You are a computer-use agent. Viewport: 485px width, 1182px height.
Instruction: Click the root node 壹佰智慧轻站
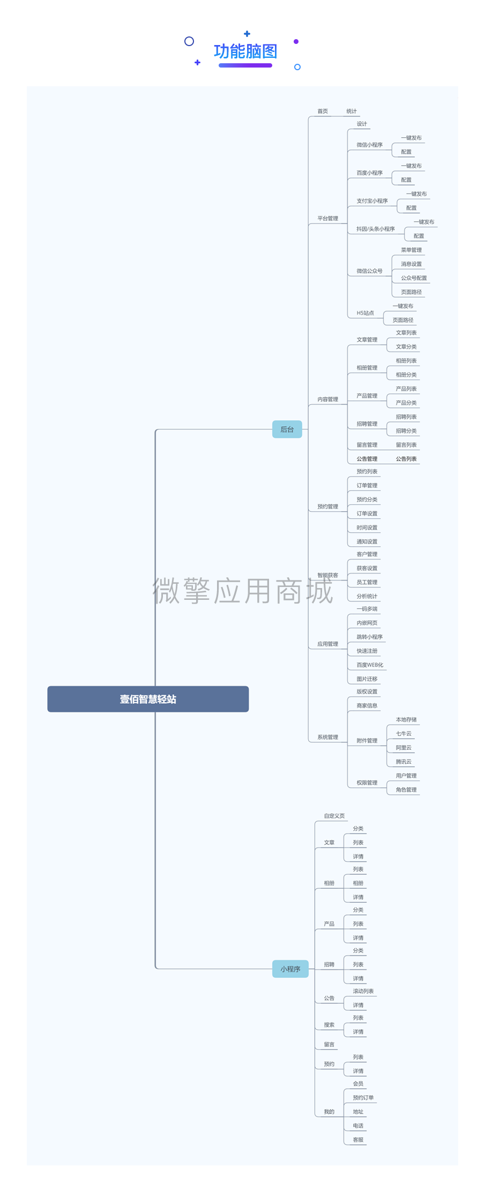click(x=148, y=699)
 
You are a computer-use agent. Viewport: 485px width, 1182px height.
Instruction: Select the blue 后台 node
click(x=287, y=429)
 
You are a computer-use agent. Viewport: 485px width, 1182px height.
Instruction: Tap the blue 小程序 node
click(x=290, y=969)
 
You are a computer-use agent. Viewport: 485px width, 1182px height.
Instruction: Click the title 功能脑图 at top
click(x=245, y=51)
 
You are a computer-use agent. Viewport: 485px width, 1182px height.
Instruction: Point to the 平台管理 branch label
click(x=327, y=218)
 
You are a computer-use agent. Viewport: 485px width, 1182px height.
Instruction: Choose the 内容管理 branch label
click(x=327, y=399)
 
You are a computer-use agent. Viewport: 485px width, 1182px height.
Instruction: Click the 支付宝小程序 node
click(x=372, y=201)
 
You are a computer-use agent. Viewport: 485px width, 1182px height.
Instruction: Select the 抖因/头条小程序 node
click(x=376, y=229)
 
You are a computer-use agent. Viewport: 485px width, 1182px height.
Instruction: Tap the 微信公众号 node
click(x=369, y=271)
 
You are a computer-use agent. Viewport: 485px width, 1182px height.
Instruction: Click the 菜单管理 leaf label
click(x=411, y=250)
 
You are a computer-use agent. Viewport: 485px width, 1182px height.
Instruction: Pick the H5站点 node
click(x=365, y=313)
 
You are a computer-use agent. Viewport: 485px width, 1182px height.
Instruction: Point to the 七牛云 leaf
click(x=404, y=734)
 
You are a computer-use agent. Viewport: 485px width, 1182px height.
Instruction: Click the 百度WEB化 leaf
click(x=370, y=665)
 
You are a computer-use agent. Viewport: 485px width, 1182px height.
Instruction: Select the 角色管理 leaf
click(x=406, y=790)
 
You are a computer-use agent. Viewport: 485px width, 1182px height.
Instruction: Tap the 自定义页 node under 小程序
click(x=334, y=816)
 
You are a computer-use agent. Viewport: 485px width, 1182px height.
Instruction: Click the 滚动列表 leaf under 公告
click(x=363, y=991)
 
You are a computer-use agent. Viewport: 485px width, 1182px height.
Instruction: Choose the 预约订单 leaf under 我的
click(x=363, y=1098)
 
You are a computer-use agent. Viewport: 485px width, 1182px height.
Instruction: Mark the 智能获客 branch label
click(x=327, y=575)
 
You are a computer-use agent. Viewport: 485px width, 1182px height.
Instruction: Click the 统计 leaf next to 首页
click(x=352, y=111)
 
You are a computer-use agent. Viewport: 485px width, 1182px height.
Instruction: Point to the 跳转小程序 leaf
click(x=369, y=637)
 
